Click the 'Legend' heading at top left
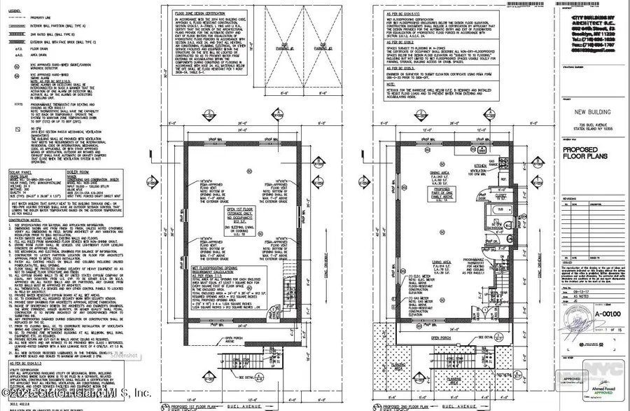pos(14,6)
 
